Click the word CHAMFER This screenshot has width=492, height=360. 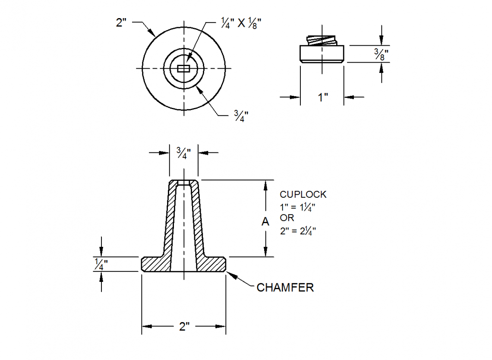click(285, 287)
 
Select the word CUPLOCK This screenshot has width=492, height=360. click(303, 195)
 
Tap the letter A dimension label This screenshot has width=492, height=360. click(265, 221)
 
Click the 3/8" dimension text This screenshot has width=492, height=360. click(381, 54)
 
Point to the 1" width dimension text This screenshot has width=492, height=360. click(323, 97)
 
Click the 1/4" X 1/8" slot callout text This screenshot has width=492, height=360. click(241, 23)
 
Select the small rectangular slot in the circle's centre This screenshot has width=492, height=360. click(183, 69)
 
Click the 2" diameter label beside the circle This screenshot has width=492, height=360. click(121, 22)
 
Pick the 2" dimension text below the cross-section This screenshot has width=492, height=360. click(185, 326)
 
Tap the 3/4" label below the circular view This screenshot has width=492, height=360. click(241, 116)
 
